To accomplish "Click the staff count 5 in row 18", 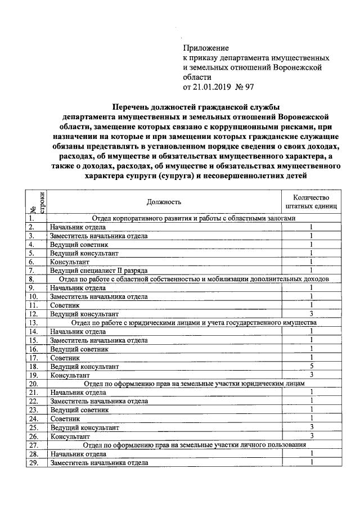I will tap(310, 366).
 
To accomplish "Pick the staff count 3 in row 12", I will tap(310, 313).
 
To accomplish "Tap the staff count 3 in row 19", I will tap(310, 375).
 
